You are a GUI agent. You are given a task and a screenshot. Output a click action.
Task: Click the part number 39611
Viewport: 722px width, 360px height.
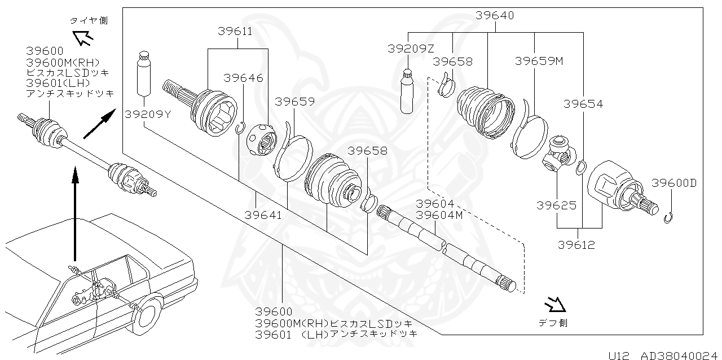point(235,31)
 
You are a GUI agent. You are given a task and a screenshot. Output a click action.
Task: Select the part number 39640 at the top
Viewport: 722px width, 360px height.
point(495,16)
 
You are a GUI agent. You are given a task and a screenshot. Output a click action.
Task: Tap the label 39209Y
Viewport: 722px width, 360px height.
point(144,114)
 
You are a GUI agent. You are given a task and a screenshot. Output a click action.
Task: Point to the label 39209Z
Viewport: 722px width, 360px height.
point(410,49)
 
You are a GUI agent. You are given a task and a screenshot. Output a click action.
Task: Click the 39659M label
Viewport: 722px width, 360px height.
point(539,61)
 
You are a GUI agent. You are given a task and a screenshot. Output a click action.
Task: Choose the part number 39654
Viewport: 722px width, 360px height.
point(583,104)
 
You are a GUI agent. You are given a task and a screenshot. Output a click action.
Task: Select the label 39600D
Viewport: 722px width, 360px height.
point(674,183)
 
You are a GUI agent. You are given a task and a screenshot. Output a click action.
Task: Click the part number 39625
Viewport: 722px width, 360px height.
point(556,205)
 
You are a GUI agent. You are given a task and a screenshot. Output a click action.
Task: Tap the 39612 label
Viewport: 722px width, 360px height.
point(576,245)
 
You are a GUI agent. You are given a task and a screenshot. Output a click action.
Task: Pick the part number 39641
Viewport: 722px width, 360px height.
point(264,214)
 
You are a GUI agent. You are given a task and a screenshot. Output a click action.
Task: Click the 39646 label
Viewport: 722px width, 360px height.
point(243,78)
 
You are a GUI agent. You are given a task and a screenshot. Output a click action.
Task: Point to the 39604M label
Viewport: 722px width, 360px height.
point(439,214)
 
